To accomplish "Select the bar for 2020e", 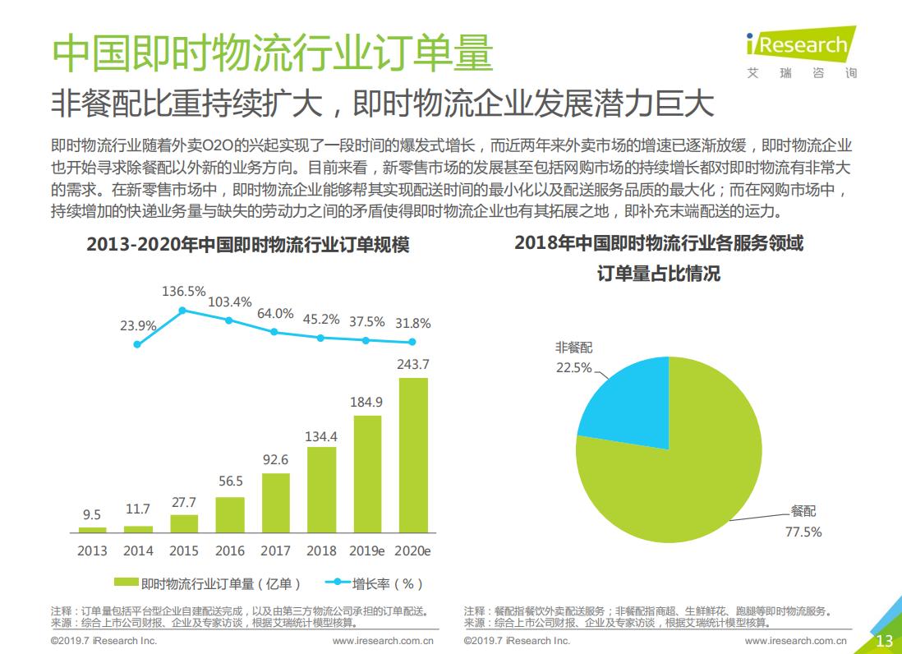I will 413,455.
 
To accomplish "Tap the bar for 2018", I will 322,490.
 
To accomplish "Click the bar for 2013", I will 92,530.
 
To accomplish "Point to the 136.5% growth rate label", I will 183,292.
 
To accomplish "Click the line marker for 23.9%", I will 137,344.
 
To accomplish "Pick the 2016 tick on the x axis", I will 230,550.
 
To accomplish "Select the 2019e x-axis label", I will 367,550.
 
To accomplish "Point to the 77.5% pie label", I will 803,532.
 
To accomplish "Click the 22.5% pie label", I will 573,367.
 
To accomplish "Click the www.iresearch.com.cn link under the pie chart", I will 796,640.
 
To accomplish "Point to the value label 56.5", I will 230,481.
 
